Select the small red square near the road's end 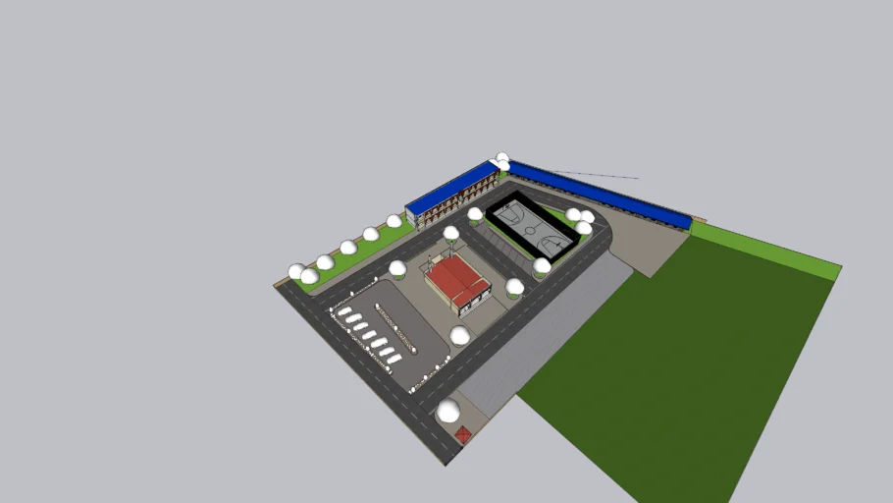tap(463, 432)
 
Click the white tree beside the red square tap(448, 411)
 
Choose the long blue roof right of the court tap(599, 193)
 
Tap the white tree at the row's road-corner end tap(296, 271)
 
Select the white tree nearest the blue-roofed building tap(394, 222)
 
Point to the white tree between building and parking tap(397, 268)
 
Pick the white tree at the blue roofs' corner tap(502, 158)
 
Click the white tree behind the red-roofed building tap(451, 234)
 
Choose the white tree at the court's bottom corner tap(542, 265)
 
